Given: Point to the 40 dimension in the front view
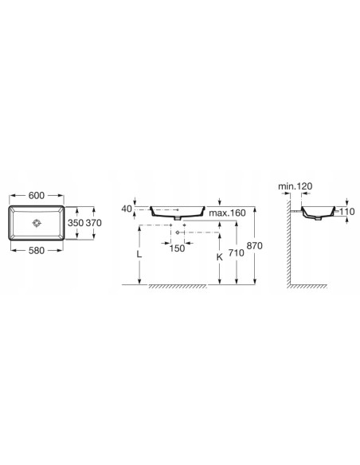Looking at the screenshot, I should (126, 209).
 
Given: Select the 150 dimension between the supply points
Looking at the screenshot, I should (177, 247).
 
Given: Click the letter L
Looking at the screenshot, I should (139, 256).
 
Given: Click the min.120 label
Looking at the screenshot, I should (295, 186).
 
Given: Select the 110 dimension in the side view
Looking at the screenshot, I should (348, 213).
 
